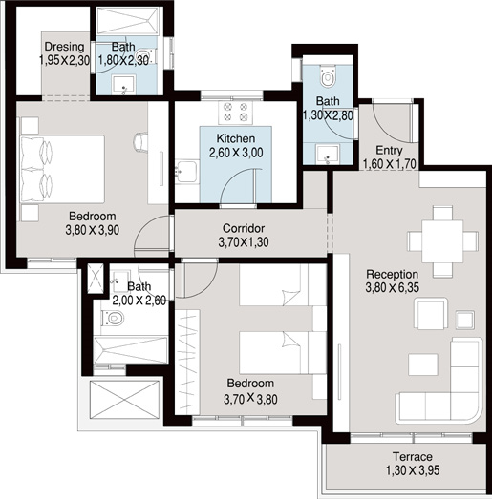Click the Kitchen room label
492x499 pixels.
(x=236, y=138)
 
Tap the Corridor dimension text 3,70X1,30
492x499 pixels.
(x=244, y=242)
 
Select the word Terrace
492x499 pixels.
(x=413, y=457)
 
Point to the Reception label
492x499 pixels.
(x=392, y=274)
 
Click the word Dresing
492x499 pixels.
(x=64, y=47)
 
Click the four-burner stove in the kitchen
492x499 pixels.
(x=235, y=113)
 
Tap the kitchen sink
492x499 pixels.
(x=186, y=172)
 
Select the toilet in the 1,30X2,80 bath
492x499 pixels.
(x=328, y=76)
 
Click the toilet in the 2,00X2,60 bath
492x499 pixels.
(x=113, y=318)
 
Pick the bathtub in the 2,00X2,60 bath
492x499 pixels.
(x=131, y=350)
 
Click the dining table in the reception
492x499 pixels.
(x=442, y=241)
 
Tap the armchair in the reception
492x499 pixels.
(x=431, y=314)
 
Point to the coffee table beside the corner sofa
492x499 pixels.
(x=423, y=364)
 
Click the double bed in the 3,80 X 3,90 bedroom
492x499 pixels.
(x=62, y=169)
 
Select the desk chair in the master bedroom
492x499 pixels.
(x=139, y=142)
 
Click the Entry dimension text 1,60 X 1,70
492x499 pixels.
(x=390, y=164)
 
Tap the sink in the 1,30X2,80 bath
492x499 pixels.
(x=328, y=154)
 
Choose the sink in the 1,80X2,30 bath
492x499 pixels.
(x=123, y=85)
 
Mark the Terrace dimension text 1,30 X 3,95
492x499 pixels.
(x=413, y=470)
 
